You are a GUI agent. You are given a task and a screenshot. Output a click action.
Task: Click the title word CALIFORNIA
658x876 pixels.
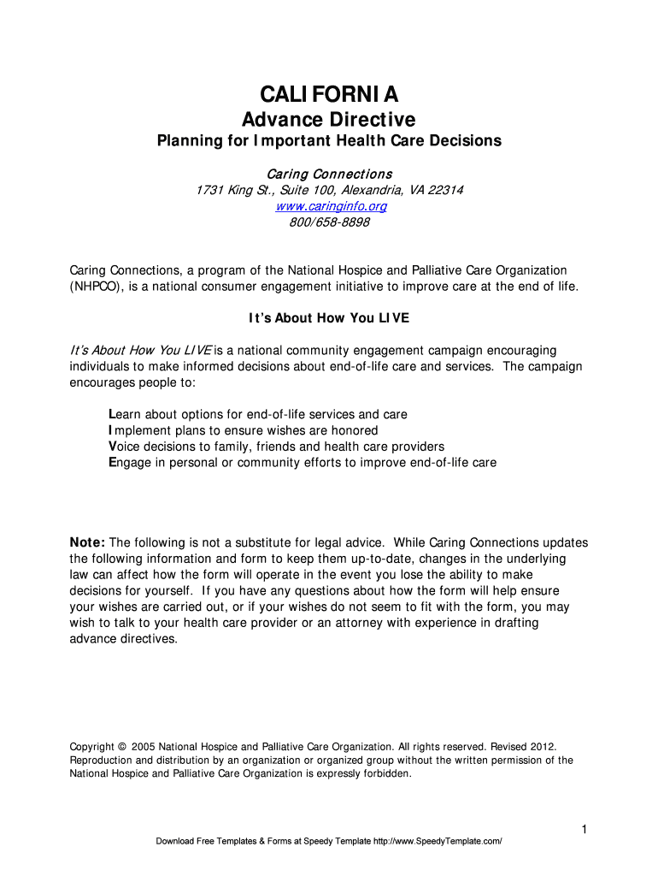coord(329,94)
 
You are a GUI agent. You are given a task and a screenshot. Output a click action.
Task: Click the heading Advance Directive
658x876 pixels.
coord(329,119)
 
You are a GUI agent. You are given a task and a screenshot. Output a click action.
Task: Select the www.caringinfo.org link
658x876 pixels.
coord(331,206)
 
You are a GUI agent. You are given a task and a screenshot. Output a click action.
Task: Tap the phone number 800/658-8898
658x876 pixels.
coord(329,222)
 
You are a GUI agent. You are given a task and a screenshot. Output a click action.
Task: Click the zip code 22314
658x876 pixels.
coord(445,190)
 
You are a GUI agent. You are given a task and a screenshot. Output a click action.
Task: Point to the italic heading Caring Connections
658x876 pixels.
coord(329,174)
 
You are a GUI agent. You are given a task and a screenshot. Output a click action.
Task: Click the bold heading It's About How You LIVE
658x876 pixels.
coord(329,318)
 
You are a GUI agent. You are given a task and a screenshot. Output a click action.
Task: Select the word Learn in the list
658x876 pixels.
coord(128,414)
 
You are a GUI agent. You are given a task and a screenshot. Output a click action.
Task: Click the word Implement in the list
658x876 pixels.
coord(138,430)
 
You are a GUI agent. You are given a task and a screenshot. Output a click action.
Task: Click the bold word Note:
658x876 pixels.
coord(87,542)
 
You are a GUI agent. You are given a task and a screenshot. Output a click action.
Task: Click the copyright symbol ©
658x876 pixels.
coord(121,746)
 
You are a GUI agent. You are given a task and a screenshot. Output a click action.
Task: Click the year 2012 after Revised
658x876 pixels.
coord(542,746)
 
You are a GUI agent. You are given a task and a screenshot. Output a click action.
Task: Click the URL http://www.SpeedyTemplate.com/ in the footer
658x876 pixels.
coord(438,842)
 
